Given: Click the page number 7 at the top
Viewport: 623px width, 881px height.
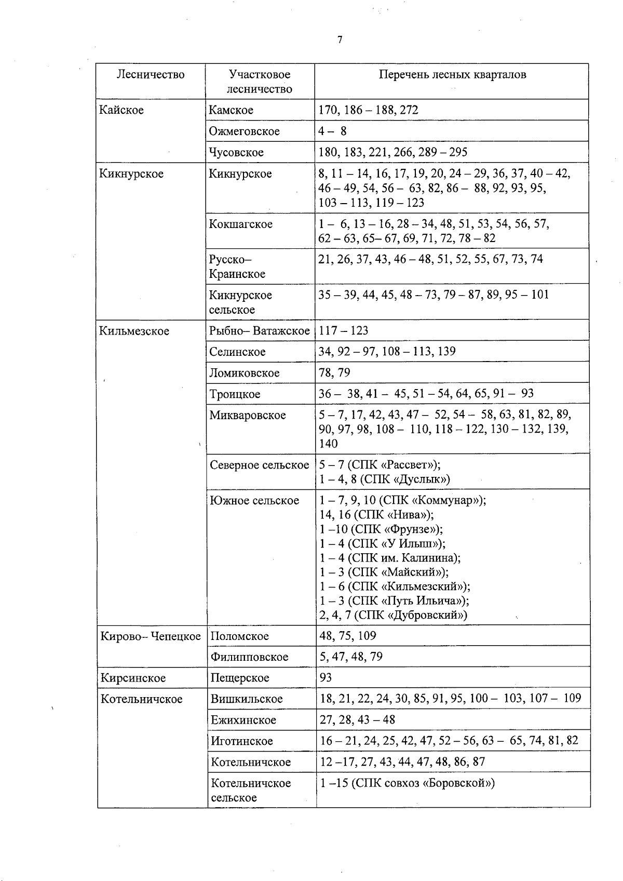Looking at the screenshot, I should click(x=340, y=40).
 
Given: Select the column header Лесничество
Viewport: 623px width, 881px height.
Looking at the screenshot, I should click(x=151, y=74).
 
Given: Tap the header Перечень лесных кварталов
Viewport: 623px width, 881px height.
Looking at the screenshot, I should click(x=452, y=74).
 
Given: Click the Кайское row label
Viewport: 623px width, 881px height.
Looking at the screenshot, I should click(x=121, y=110).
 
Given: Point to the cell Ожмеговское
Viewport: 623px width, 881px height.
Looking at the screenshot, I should click(x=244, y=131).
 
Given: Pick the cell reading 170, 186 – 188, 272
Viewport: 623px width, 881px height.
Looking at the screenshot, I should click(x=368, y=110).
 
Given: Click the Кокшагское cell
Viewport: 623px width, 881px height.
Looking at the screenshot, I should click(x=240, y=224).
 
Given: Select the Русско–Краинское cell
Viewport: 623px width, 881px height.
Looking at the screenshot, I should click(x=237, y=266).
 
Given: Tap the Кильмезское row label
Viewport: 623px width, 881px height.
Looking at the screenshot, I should click(x=134, y=331).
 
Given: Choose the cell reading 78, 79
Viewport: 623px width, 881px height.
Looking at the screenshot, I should click(x=334, y=372).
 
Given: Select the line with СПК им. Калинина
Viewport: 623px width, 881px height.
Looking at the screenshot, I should click(x=390, y=558).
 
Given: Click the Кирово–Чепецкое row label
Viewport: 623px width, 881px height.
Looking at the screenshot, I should click(x=151, y=636).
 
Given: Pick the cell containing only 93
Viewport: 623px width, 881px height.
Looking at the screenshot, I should click(x=326, y=677).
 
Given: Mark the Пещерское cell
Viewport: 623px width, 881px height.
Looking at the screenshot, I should click(x=240, y=678).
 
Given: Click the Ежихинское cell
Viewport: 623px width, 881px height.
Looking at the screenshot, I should click(x=243, y=720).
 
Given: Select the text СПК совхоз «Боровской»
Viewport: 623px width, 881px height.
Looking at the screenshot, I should click(x=423, y=783).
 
